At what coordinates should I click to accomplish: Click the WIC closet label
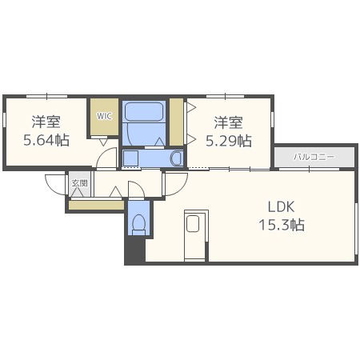point(104,116)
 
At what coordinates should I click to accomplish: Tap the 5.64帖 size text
point(46,140)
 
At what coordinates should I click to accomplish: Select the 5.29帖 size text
point(229,141)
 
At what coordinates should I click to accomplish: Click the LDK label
point(281,207)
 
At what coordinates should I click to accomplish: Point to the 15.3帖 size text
point(282,225)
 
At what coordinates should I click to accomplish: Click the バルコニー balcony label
point(314,157)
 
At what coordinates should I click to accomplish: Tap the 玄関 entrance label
point(79,183)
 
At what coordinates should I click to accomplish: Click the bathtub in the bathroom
point(144,111)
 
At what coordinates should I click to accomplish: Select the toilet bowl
point(139,222)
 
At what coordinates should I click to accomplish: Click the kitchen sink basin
point(193,223)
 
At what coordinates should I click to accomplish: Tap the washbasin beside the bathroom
point(176,158)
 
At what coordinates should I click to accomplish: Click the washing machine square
point(130,158)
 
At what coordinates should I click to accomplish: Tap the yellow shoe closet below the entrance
point(97,205)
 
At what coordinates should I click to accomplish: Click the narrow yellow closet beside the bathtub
point(176,122)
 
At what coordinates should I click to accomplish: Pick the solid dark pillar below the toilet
point(135,250)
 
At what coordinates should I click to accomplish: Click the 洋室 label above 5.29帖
point(229,123)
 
